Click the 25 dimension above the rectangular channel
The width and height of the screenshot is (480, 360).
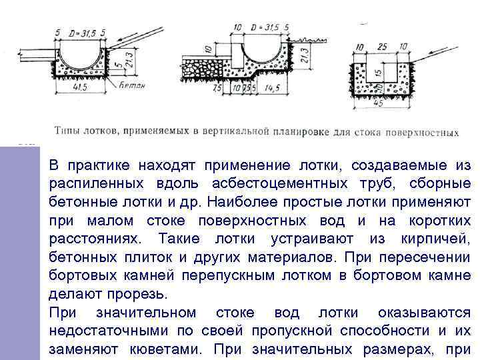pos(382,47)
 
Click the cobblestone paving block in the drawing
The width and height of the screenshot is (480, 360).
pos(201,69)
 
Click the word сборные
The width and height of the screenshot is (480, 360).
pos(437,183)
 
